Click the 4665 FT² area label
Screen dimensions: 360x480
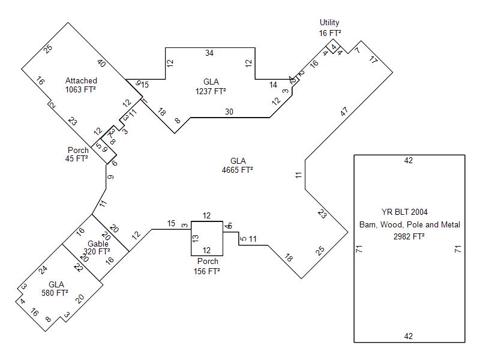pyautogui.click(x=238, y=170)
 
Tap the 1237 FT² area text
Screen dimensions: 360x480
pyautogui.click(x=211, y=91)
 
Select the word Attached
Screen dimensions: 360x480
pyautogui.click(x=81, y=80)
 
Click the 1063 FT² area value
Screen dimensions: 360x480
pyautogui.click(x=81, y=89)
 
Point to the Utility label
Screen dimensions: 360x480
pyautogui.click(x=329, y=23)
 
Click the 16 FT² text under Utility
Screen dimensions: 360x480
pyautogui.click(x=330, y=33)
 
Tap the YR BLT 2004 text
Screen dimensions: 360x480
pyautogui.click(x=409, y=212)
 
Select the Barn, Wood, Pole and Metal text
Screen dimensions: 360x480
pyautogui.click(x=409, y=224)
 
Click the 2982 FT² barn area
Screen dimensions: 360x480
pyautogui.click(x=409, y=236)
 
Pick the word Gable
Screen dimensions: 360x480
pyautogui.click(x=97, y=244)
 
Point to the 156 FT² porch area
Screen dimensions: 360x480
pyautogui.click(x=208, y=271)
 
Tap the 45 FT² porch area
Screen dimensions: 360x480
pyautogui.click(x=77, y=159)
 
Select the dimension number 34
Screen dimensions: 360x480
pyautogui.click(x=209, y=53)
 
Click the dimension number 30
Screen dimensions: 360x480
pyautogui.click(x=229, y=112)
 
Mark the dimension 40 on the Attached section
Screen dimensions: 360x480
pyautogui.click(x=101, y=64)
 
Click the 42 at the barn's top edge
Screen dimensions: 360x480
pyautogui.click(x=409, y=160)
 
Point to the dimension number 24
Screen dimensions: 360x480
pyautogui.click(x=43, y=270)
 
